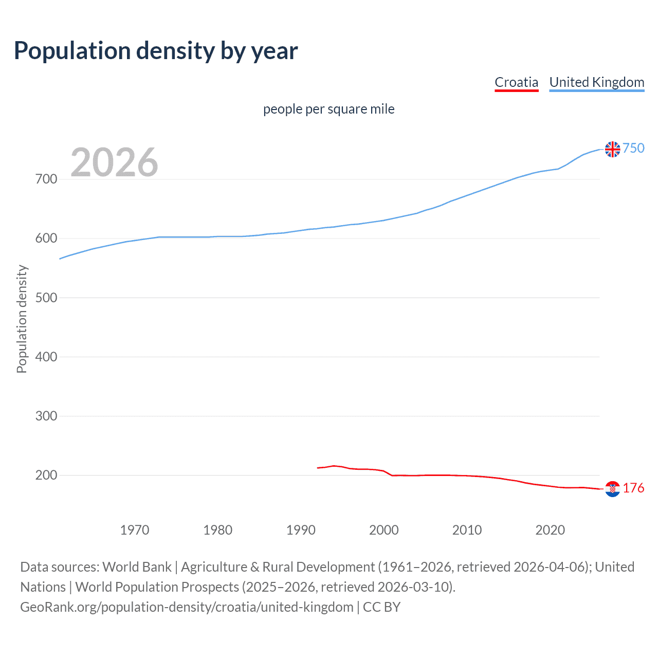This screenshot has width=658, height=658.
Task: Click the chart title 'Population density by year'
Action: (156, 51)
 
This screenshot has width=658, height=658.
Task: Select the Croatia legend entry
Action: (516, 82)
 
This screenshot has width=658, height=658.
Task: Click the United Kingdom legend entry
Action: (596, 82)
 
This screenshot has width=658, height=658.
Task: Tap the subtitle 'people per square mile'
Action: (328, 109)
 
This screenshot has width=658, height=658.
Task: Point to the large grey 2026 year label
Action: (114, 162)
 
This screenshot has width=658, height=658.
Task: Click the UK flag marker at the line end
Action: (612, 149)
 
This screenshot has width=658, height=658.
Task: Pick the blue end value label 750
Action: (633, 148)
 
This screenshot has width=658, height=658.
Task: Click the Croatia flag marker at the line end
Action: (612, 489)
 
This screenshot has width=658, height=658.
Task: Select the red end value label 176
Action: (633, 488)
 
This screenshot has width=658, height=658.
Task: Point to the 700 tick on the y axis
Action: (46, 179)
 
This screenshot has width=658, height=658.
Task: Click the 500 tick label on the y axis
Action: (46, 298)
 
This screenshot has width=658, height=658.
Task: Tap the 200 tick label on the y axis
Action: (46, 475)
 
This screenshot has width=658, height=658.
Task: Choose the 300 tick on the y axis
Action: (46, 416)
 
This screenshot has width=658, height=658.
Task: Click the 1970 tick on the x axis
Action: (135, 529)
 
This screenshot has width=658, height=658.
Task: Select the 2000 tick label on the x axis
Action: (384, 529)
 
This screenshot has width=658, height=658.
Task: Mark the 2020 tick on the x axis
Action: (550, 529)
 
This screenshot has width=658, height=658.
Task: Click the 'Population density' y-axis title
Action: (22, 319)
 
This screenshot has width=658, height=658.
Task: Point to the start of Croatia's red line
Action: (318, 468)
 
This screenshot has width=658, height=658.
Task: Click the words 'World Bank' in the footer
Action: (137, 567)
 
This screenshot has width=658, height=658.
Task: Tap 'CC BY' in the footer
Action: (381, 607)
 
